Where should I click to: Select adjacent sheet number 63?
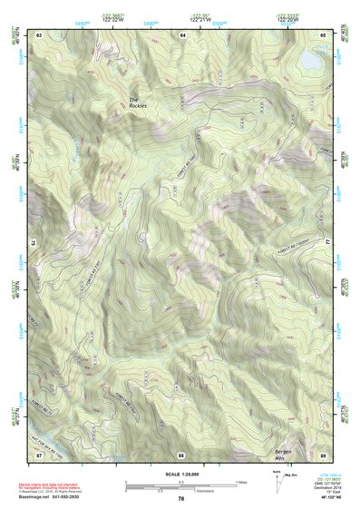pos(39,34)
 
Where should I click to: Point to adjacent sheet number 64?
pos(181,34)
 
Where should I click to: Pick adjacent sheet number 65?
pos(323,34)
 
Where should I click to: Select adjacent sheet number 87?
pos(39,455)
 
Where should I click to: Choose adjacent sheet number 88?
pos(180,455)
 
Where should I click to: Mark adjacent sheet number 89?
pos(323,455)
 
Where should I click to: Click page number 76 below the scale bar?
pos(181,499)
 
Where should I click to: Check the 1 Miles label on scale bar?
pos(242,482)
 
